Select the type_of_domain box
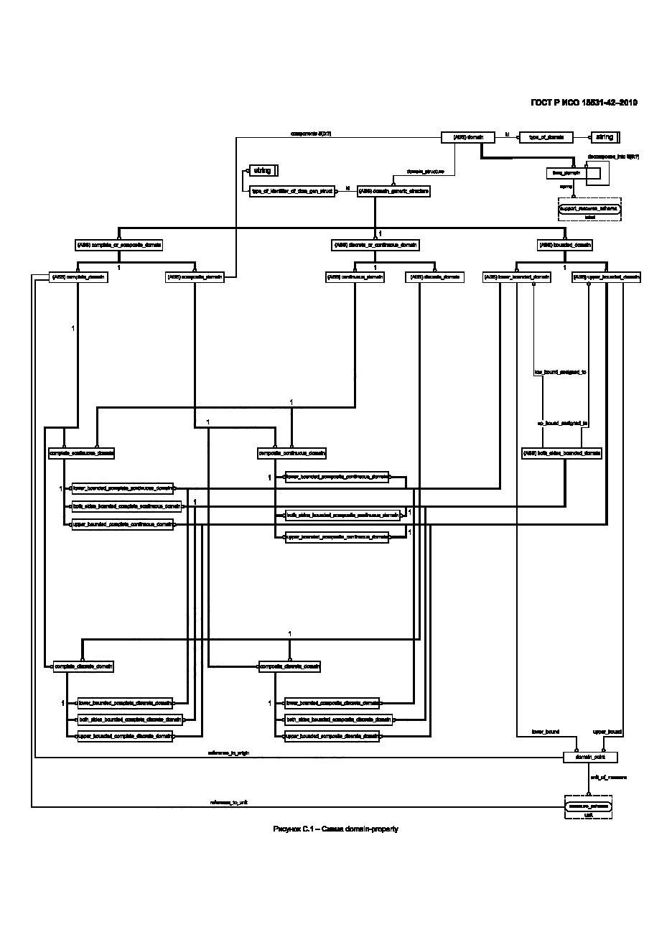pos(545,136)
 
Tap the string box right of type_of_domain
pos(605,136)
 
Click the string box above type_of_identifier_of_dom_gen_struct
pos(262,171)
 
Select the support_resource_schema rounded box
pos(589,208)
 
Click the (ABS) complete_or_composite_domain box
pos(118,245)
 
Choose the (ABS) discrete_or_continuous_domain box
pos(374,245)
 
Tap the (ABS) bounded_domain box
pos(565,245)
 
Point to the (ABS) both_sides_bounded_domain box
pos(561,453)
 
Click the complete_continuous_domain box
pos(81,453)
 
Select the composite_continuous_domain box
pos(291,453)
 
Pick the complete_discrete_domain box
pos(83,666)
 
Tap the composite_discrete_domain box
pos(289,666)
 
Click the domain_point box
pos(590,757)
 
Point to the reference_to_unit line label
pos(228,802)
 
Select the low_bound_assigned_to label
pos(561,373)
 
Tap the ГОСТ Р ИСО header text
pos(584,103)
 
